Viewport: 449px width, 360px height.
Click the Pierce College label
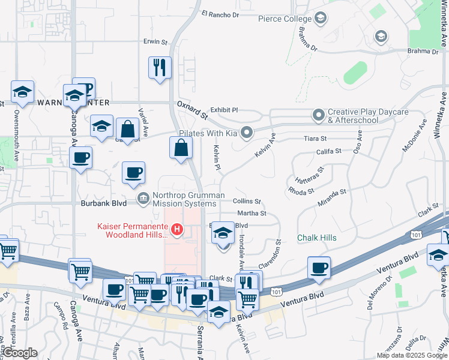285,19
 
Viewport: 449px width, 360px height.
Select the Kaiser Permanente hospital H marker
177,229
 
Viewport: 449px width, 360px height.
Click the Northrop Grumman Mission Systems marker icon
143,199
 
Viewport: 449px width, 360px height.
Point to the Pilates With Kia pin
245,133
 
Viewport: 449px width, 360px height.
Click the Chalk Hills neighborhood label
317,238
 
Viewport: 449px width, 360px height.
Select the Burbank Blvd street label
106,203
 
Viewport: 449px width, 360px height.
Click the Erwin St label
155,42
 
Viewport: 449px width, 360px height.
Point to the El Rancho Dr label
220,14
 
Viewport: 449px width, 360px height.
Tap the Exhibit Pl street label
224,110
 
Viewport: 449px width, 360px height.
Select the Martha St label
252,214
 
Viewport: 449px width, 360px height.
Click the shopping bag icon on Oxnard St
181,147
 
